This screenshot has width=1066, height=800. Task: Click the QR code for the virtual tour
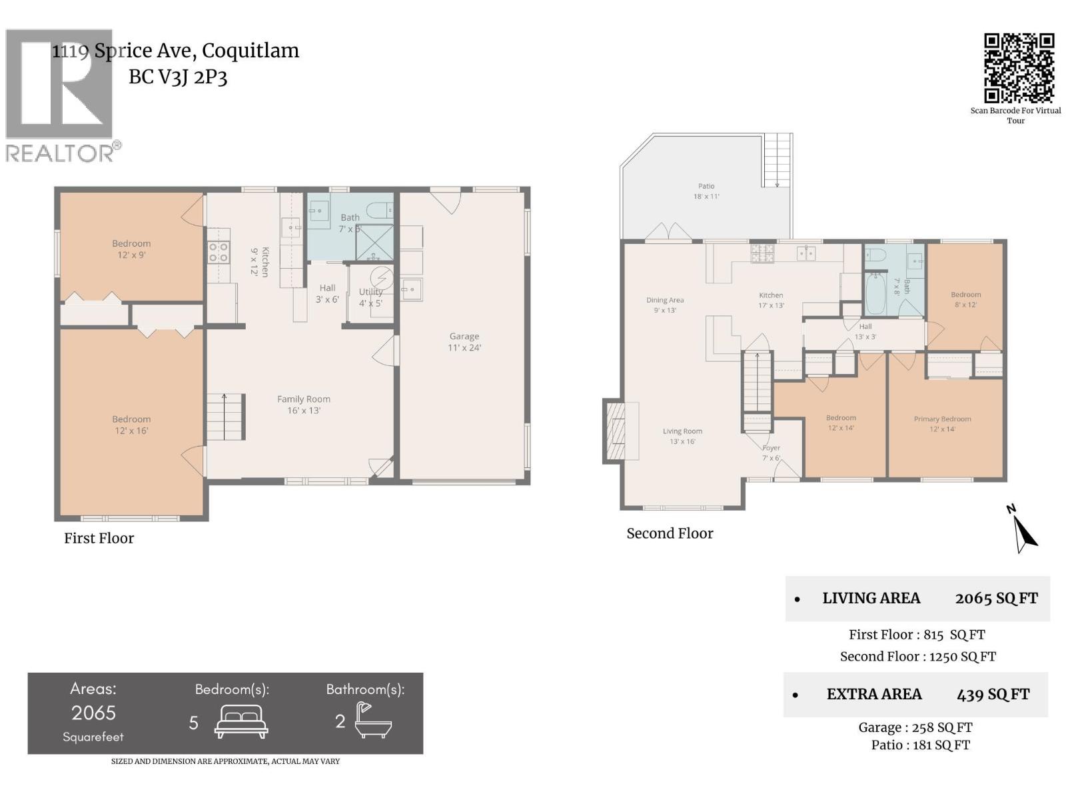point(1019,68)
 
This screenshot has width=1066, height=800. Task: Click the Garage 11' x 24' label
point(464,342)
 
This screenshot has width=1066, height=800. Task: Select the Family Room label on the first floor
point(304,405)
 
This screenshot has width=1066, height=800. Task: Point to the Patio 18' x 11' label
point(706,191)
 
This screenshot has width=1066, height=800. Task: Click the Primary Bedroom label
point(942,424)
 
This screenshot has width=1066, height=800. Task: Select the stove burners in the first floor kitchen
point(219,252)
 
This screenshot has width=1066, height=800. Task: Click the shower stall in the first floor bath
point(374,242)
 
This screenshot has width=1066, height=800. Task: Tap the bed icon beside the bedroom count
point(241,721)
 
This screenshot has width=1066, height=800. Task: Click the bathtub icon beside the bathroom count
point(372,721)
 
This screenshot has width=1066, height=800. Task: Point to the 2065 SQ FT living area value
point(995,599)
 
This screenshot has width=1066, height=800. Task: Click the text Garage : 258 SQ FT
point(915,727)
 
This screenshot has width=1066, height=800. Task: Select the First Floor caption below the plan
point(99,538)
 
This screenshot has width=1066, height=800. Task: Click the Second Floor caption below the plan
point(670,533)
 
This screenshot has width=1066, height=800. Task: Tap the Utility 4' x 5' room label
point(371,297)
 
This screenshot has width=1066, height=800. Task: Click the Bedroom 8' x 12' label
point(965,299)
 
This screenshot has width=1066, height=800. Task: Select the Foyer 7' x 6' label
point(771,453)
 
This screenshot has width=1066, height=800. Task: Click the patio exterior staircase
point(777,160)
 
